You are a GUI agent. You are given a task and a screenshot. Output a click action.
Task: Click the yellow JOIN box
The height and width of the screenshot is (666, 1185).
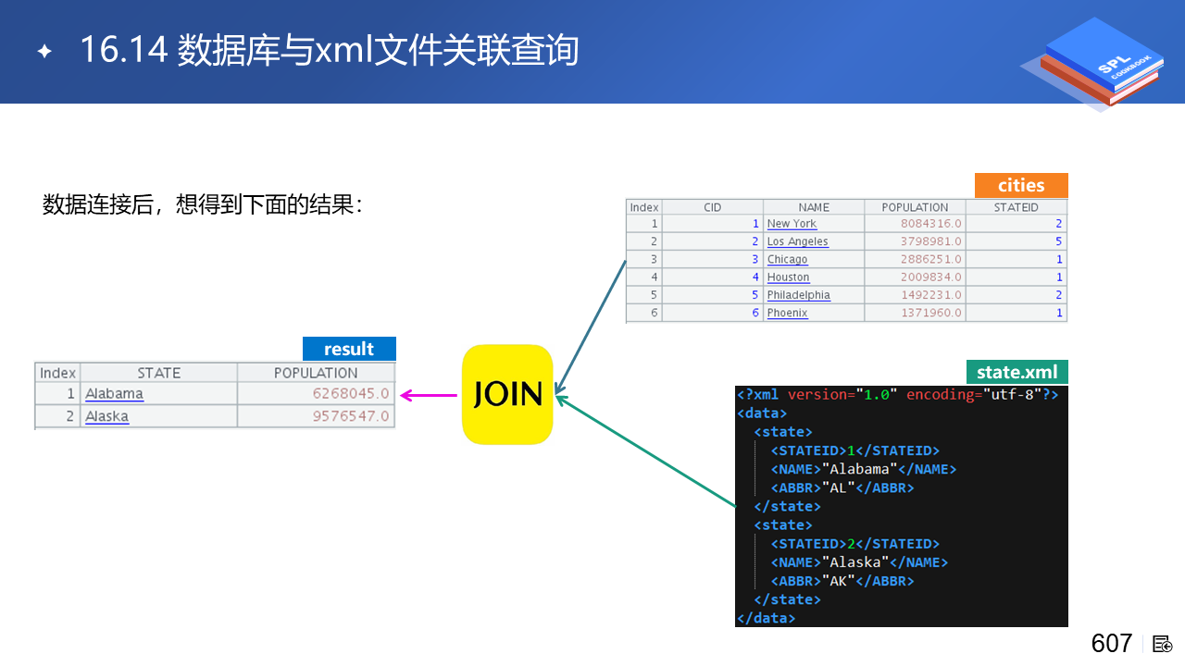click(507, 394)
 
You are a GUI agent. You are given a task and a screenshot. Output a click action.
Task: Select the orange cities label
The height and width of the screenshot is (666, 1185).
click(1021, 185)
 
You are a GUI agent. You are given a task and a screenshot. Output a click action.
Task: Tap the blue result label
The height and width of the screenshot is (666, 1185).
click(349, 349)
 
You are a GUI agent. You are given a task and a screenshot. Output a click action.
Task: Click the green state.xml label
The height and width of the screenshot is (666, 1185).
click(1017, 372)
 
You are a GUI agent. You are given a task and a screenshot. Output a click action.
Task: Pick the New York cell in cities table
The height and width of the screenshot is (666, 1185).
click(792, 224)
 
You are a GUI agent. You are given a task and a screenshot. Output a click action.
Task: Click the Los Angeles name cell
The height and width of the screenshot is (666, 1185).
click(797, 241)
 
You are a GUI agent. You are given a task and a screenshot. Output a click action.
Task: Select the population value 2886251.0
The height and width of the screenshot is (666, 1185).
click(930, 259)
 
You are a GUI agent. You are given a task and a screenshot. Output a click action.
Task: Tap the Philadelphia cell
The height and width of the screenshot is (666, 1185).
click(798, 295)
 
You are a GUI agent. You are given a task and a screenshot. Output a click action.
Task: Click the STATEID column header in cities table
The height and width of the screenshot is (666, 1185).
click(1016, 207)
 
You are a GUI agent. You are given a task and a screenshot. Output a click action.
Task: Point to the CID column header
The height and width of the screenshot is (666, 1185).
click(712, 207)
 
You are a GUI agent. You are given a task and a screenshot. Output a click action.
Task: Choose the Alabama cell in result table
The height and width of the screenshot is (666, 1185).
click(115, 394)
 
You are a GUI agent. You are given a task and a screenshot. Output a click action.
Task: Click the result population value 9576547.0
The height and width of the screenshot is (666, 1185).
click(351, 416)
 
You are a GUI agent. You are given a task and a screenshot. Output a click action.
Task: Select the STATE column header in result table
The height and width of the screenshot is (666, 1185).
click(158, 373)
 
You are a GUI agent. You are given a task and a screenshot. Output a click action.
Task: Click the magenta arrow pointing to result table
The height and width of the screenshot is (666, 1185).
click(430, 396)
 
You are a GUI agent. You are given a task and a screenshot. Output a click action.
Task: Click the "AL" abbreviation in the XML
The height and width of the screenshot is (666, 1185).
click(839, 487)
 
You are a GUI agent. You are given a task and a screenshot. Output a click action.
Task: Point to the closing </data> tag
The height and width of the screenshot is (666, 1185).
click(766, 618)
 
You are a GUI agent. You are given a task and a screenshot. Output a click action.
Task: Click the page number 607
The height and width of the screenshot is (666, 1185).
click(1111, 644)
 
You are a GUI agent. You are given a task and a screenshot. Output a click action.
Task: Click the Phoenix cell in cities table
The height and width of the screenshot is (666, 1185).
click(787, 313)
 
